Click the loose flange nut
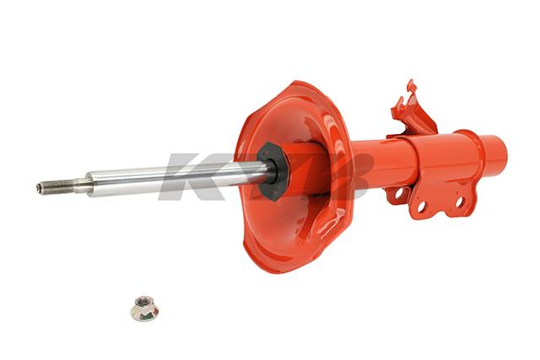coord(144,309)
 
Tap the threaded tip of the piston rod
coord(56,186)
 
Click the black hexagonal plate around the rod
coord(273,171)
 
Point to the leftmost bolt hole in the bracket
coord(399,193)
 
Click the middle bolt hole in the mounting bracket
coord(422,207)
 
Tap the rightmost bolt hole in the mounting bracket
coord(460,202)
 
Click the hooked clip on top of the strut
coord(412,110)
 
